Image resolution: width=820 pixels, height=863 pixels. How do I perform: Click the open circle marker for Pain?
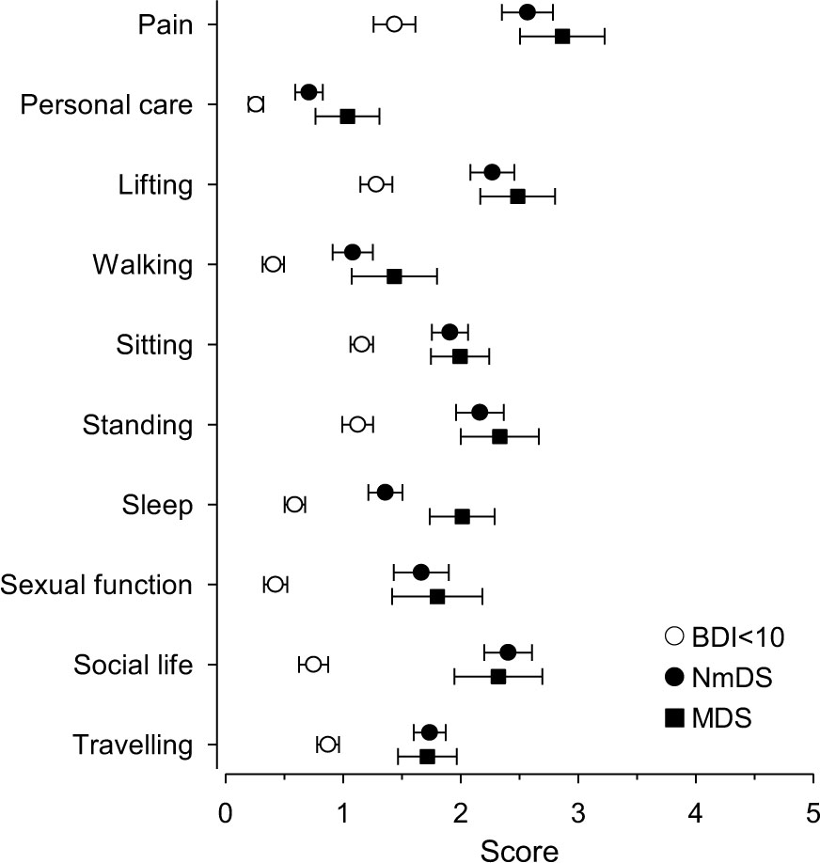click(x=394, y=24)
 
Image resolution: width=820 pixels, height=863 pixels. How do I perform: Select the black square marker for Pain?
click(x=562, y=37)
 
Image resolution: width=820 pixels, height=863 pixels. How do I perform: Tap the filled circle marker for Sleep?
click(x=385, y=492)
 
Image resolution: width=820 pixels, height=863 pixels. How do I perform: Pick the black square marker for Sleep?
click(x=462, y=516)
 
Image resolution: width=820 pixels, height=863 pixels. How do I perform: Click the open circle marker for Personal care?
click(x=256, y=103)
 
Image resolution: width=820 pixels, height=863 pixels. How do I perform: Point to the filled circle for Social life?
click(x=508, y=652)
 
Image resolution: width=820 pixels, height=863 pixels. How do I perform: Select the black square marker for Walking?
click(x=394, y=276)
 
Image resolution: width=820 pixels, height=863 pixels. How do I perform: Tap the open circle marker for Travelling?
click(x=327, y=745)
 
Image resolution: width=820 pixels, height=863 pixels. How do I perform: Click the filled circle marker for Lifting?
click(x=492, y=172)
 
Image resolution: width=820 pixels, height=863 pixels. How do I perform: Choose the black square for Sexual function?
click(x=437, y=597)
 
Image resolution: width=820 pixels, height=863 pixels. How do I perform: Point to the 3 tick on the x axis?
click(x=577, y=777)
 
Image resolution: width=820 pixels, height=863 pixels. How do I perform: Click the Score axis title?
click(x=519, y=848)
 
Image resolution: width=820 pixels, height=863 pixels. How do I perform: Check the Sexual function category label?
click(x=97, y=585)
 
